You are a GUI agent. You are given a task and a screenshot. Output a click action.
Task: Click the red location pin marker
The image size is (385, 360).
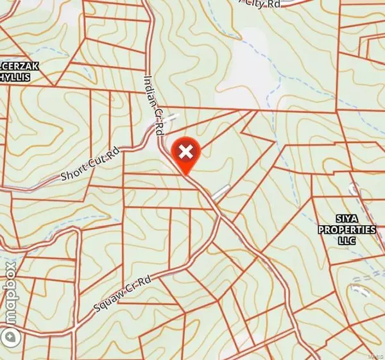click(x=185, y=154)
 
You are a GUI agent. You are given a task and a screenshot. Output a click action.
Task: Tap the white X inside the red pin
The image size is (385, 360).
click(x=185, y=152)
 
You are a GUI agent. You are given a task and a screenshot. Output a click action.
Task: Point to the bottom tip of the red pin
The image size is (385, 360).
click(x=185, y=175)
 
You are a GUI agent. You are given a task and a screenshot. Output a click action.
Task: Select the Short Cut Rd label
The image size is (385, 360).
click(x=90, y=165)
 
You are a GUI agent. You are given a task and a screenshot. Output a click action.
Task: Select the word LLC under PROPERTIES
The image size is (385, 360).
click(x=347, y=241)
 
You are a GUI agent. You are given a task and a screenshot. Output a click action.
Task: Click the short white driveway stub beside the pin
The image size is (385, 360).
click(x=220, y=191)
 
